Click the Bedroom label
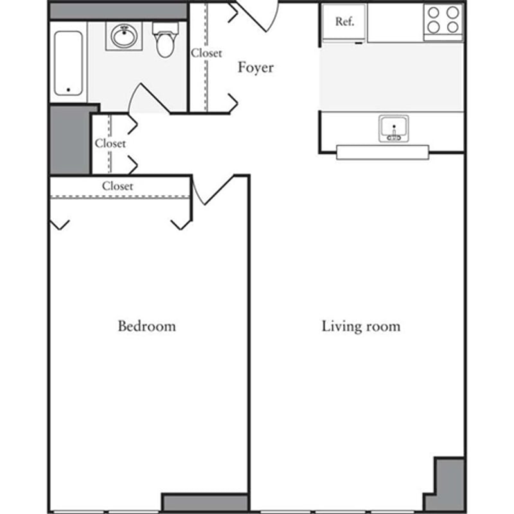click(146, 326)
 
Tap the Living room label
click(360, 326)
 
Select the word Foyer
click(256, 67)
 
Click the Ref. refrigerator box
click(344, 21)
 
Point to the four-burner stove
click(443, 20)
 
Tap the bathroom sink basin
click(123, 36)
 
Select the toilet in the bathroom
click(165, 40)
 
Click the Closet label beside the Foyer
click(206, 53)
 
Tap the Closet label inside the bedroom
click(118, 186)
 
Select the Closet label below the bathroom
click(111, 143)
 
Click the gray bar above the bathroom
click(118, 11)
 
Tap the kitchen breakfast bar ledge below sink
click(382, 152)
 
